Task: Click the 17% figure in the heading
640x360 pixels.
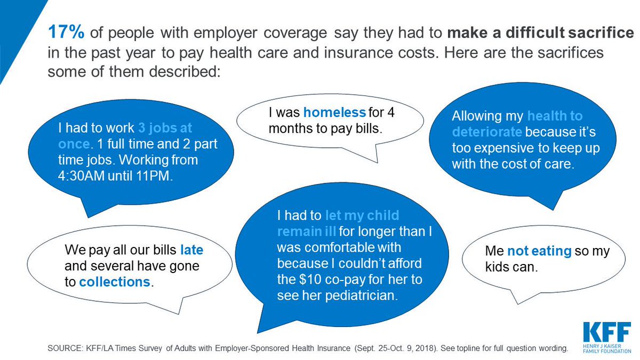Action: click(x=66, y=33)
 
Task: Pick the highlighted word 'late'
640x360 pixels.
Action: click(x=191, y=249)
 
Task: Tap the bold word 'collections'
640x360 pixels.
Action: click(x=114, y=282)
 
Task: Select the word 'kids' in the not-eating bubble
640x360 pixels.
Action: click(x=497, y=266)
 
